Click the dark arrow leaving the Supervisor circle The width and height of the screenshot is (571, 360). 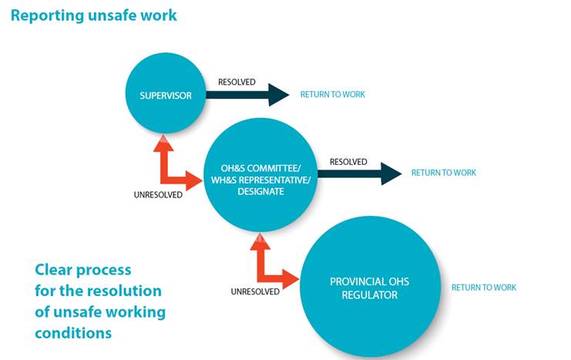(245, 94)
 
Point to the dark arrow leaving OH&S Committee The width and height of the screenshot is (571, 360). (358, 173)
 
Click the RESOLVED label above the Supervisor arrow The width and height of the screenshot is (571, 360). (237, 82)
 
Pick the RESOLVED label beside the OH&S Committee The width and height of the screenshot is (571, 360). (348, 162)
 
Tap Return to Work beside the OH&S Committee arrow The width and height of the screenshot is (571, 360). (443, 173)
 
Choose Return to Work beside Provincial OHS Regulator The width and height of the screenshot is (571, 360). (484, 288)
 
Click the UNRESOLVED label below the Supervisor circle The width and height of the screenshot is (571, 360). (158, 195)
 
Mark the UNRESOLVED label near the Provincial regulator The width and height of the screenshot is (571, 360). (255, 291)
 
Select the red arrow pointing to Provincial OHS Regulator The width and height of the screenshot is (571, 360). (274, 266)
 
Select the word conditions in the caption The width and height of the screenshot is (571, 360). (73, 333)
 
